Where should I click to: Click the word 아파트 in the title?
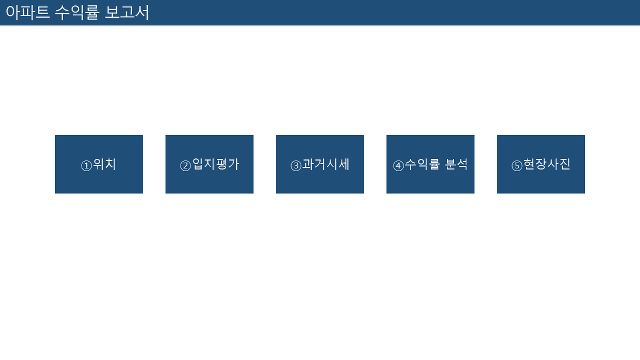coord(28,13)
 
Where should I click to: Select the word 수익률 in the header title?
coord(77,13)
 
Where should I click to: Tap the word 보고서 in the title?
coord(127,13)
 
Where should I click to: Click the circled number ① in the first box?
coord(86,166)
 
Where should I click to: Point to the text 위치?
coord(105,164)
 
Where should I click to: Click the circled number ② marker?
coord(185,166)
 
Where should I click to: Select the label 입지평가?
coord(216,164)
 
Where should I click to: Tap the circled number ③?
coord(296,166)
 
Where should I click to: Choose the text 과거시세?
coord(326,164)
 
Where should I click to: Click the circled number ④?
coord(398,166)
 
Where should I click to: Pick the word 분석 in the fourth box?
coord(456,164)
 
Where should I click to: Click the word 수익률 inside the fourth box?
coord(422,164)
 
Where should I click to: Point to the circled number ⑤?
coord(516,166)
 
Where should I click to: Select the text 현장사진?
coord(547,164)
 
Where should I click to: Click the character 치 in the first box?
coord(111,164)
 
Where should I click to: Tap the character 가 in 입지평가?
coord(234,164)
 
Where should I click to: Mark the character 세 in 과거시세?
coord(344,164)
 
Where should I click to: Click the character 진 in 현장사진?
coord(565,164)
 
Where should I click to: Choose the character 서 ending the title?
coord(142,13)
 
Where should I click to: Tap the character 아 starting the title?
coord(13,13)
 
